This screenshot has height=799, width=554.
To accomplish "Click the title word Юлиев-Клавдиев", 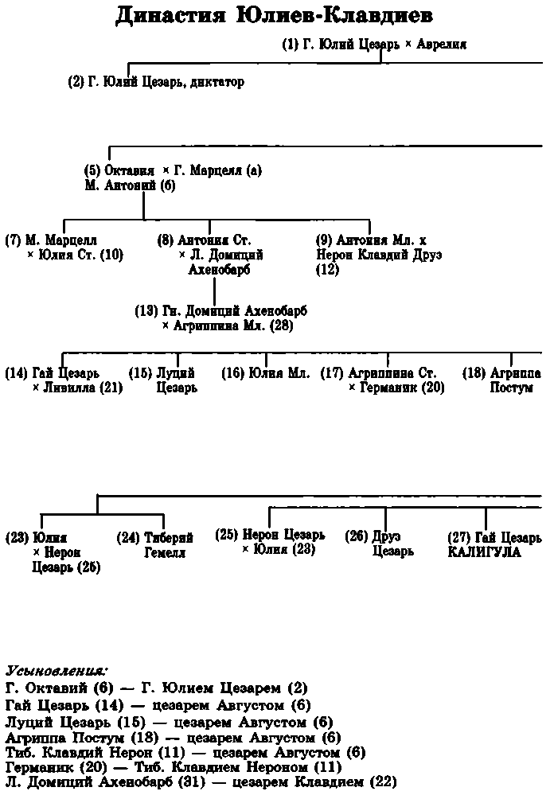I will (x=330, y=17).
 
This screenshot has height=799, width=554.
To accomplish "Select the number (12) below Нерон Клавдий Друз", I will (x=326, y=270).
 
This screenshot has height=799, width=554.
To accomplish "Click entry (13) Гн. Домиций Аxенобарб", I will (x=220, y=310).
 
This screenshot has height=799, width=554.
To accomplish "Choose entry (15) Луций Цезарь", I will (x=163, y=380).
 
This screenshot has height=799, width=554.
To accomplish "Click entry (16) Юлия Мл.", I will (x=265, y=372).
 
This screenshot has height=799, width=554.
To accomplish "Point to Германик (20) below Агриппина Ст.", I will (x=401, y=388).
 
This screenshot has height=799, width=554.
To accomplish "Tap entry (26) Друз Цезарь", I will (x=379, y=544).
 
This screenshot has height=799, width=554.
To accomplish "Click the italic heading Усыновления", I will (x=56, y=669).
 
